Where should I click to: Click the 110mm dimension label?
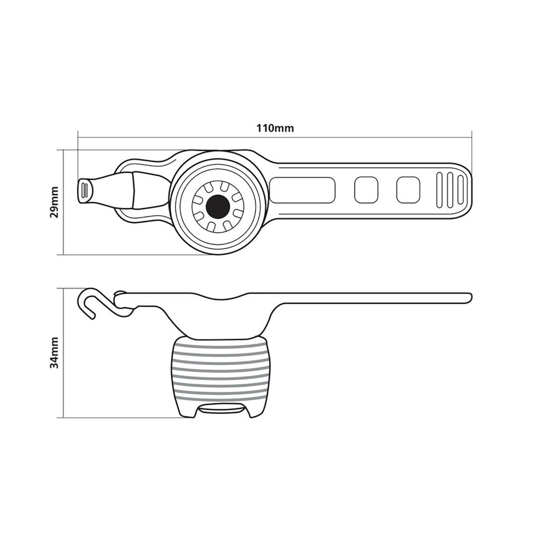pos(274,129)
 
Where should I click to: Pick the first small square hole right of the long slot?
pos(366,190)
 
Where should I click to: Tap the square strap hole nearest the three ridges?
pos(408,190)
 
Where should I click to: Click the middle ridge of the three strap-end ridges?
pos(450,190)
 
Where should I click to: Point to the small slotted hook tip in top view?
pos(84,191)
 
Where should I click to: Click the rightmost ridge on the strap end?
pos(460,190)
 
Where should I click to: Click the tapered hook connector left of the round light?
pos(117,190)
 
